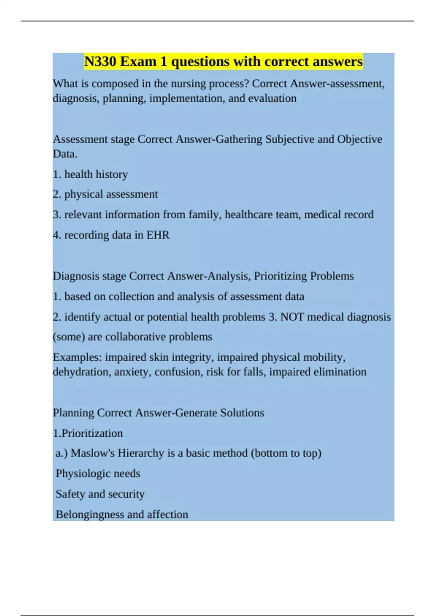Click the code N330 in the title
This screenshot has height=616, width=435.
click(x=100, y=62)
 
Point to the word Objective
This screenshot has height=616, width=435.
click(x=360, y=139)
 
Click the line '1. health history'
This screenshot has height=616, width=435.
click(x=90, y=174)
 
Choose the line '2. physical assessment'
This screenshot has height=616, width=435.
click(x=105, y=194)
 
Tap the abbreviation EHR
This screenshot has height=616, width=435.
click(x=158, y=235)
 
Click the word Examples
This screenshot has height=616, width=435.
click(x=77, y=357)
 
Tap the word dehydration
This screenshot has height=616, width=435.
click(x=82, y=372)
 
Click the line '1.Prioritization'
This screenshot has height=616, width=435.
click(x=88, y=433)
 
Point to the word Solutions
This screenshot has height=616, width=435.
click(x=242, y=413)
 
